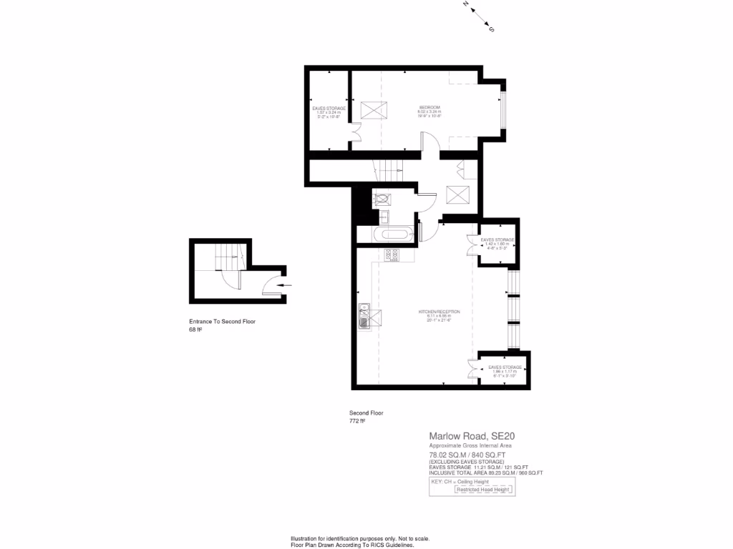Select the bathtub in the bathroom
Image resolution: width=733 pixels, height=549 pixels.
(392, 234)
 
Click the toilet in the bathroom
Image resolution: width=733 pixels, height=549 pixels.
(382, 199)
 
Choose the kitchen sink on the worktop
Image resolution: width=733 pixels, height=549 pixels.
(364, 315)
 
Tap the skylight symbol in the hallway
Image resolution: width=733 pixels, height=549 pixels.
(457, 194)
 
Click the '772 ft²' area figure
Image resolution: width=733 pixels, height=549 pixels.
(357, 421)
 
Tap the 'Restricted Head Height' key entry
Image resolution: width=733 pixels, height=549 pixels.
(483, 490)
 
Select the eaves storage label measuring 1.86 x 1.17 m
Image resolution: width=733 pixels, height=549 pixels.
(505, 370)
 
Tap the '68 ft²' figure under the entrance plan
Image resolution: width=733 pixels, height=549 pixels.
(195, 330)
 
